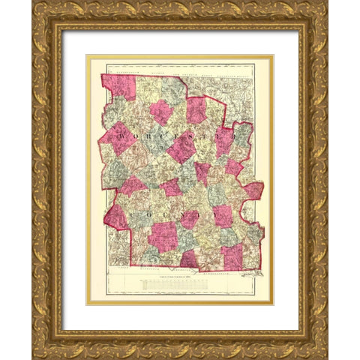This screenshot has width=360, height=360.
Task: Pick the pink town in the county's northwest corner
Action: pos(118,87)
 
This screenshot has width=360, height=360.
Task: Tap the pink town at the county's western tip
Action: pos(115,217)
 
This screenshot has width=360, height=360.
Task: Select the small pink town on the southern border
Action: pos(188,259)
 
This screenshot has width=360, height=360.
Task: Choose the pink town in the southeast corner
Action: pos(232,256)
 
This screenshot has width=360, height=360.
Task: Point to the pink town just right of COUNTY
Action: pos(223,217)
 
